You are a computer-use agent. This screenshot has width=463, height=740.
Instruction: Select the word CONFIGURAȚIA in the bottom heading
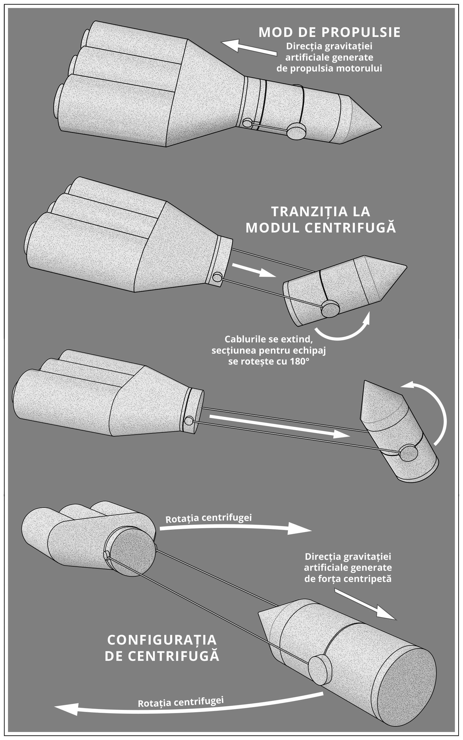162,640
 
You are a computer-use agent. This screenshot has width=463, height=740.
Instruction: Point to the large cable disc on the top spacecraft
297,131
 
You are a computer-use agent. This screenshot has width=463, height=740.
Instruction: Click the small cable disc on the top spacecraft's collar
247,123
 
